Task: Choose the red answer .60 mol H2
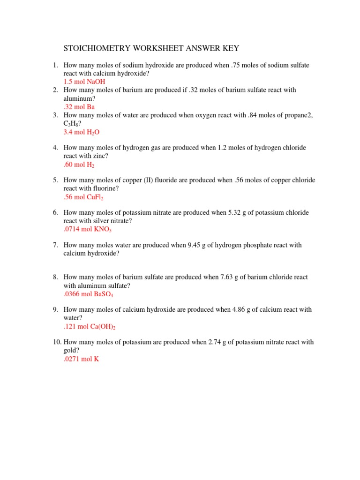[x=80, y=165]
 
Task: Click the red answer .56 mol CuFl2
[x=83, y=197]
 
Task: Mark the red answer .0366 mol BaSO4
[x=89, y=294]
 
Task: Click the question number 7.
[x=55, y=245]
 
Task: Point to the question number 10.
[x=57, y=342]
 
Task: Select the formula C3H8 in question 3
[x=72, y=124]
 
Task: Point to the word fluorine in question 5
[x=105, y=188]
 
